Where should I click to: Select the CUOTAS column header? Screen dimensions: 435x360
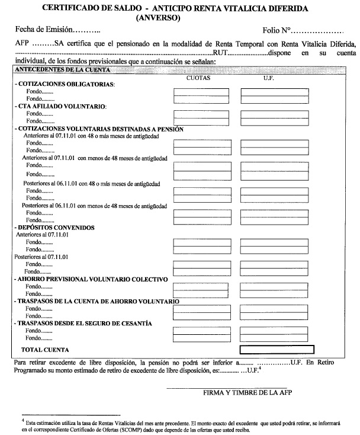click(x=199, y=78)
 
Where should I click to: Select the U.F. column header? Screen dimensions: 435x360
click(x=269, y=78)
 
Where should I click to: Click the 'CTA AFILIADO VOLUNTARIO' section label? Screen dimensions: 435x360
click(x=62, y=106)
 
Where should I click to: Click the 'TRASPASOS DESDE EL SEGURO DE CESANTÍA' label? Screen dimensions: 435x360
click(x=92, y=323)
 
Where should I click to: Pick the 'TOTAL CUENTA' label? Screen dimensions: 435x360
click(x=44, y=350)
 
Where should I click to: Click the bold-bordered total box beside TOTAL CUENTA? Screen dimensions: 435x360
click(x=277, y=350)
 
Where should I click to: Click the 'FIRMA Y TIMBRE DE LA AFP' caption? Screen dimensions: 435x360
click(x=247, y=392)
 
